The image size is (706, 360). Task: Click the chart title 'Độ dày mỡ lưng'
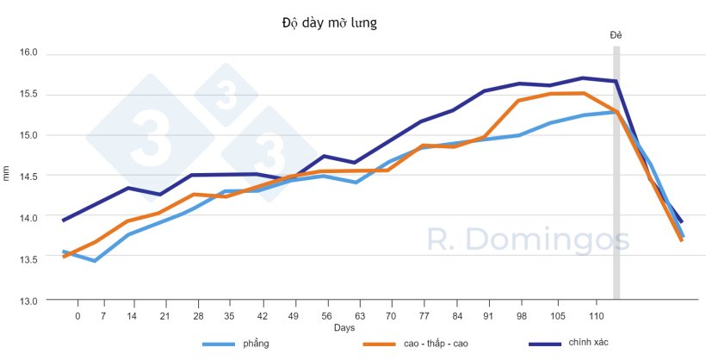click(x=329, y=22)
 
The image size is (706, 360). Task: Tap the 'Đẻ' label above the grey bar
click(x=616, y=34)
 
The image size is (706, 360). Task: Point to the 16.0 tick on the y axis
click(x=29, y=53)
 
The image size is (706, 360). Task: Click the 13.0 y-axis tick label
click(x=29, y=301)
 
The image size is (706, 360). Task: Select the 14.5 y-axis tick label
click(x=29, y=177)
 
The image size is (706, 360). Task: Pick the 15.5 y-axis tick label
click(x=29, y=94)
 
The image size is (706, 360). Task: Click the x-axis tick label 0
click(x=77, y=316)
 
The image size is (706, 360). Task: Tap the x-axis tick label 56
click(x=325, y=316)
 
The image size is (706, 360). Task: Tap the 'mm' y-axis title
click(x=8, y=176)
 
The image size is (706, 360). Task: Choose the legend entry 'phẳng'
click(x=256, y=344)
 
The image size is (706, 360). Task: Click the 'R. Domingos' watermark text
click(x=529, y=240)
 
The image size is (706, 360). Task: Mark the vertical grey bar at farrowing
click(x=616, y=172)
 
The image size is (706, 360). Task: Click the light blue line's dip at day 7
click(x=95, y=260)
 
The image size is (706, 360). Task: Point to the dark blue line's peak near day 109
click(x=583, y=78)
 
